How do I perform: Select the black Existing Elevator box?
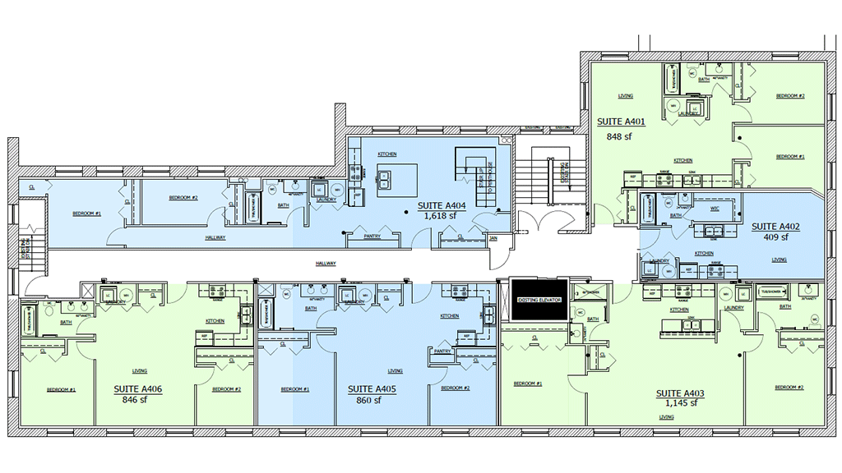[x=539, y=300]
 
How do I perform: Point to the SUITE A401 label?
[x=621, y=122]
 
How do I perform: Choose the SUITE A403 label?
[x=680, y=393]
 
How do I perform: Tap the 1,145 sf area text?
[x=680, y=402]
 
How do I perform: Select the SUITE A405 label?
[x=372, y=389]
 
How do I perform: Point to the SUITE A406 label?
[x=137, y=389]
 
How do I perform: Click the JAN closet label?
[x=494, y=237]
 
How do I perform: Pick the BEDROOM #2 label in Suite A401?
[x=790, y=96]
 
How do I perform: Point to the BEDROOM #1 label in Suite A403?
[x=527, y=383]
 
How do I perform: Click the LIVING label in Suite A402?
[x=779, y=259]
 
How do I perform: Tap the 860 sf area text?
[x=369, y=401]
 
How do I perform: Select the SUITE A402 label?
[x=775, y=226]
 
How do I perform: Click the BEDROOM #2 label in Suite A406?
[x=226, y=389]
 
